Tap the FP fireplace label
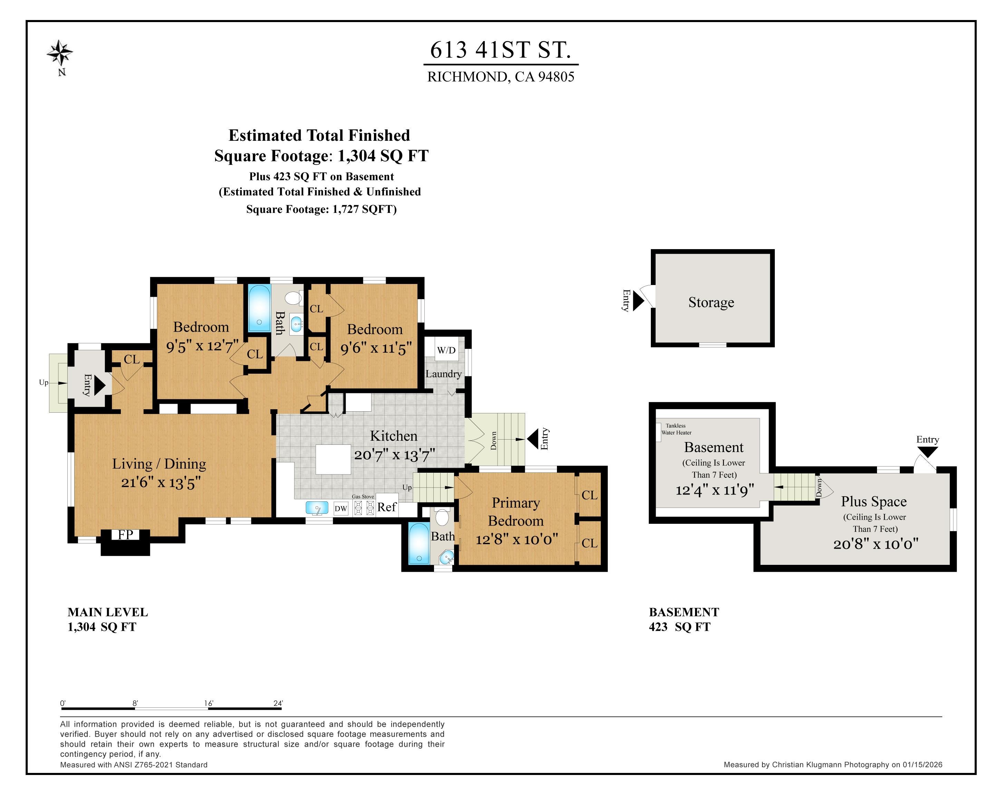125,534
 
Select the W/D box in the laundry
446,350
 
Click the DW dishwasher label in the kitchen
341,509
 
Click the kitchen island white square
333,459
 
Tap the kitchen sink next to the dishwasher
317,508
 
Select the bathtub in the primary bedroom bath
419,543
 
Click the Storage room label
711,302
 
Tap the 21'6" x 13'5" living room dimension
161,483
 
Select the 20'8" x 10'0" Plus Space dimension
876,544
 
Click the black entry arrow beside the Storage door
638,301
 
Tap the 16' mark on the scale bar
209,704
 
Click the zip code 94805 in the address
556,77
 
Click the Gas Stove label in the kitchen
363,497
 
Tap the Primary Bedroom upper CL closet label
589,495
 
